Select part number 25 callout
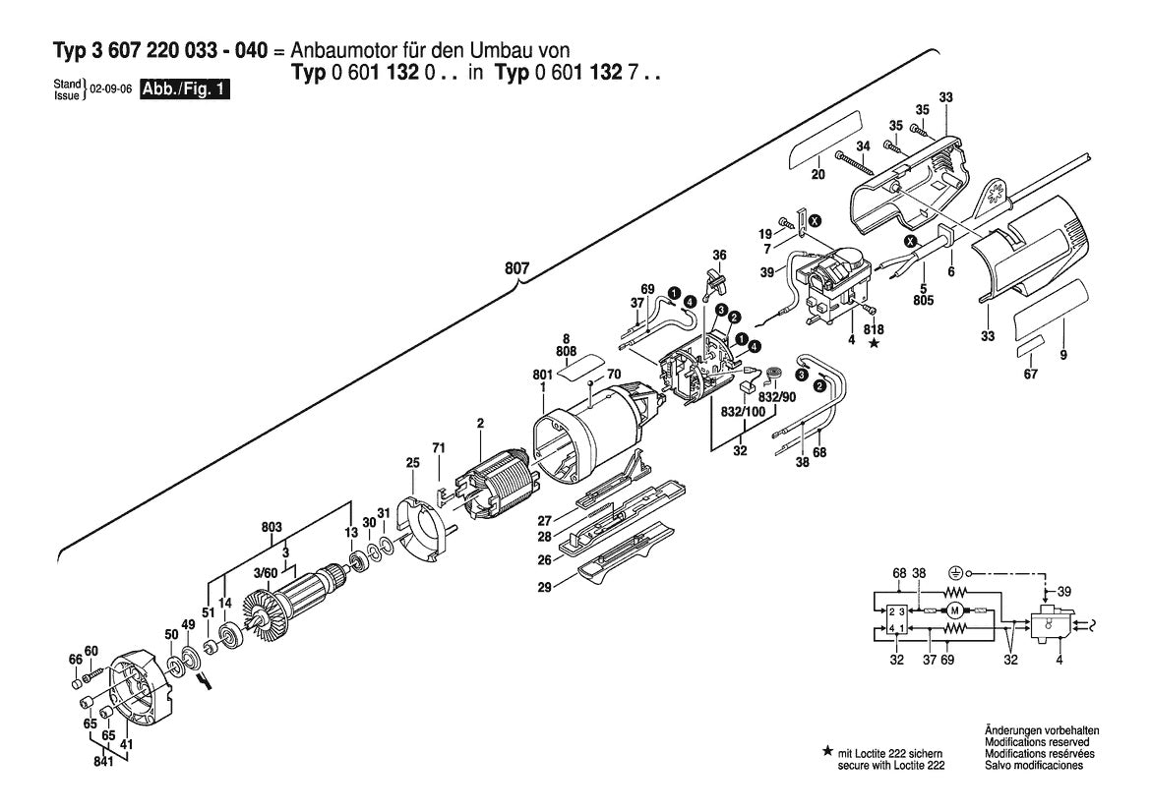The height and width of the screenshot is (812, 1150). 413,462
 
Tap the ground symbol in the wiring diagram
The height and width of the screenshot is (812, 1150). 953,571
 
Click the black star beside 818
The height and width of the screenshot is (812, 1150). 874,344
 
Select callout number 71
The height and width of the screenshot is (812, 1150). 439,448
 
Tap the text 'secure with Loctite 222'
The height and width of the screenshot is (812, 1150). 890,764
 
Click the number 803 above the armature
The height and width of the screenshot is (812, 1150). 272,528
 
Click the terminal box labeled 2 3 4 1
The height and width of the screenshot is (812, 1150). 896,619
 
